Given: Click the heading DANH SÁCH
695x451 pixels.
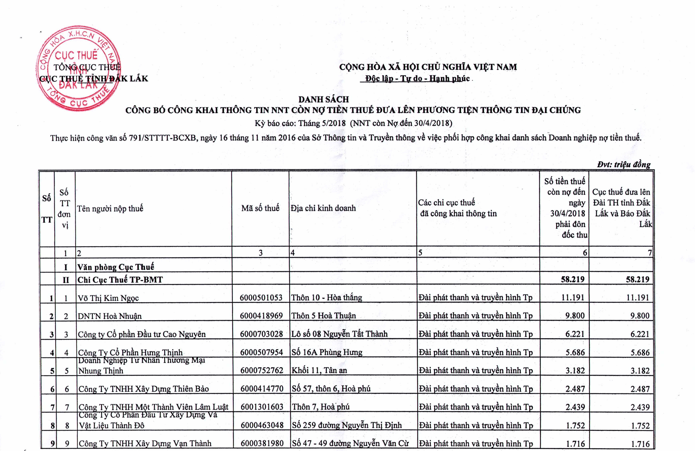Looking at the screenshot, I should (324, 99).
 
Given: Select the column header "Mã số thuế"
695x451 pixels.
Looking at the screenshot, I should (260, 208).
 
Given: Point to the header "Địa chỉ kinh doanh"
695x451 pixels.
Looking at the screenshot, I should (323, 208).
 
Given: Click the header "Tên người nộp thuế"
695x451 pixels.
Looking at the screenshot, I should (110, 208).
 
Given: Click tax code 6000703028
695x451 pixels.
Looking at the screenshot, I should (261, 334).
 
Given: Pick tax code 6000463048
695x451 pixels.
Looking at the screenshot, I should (262, 425).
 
